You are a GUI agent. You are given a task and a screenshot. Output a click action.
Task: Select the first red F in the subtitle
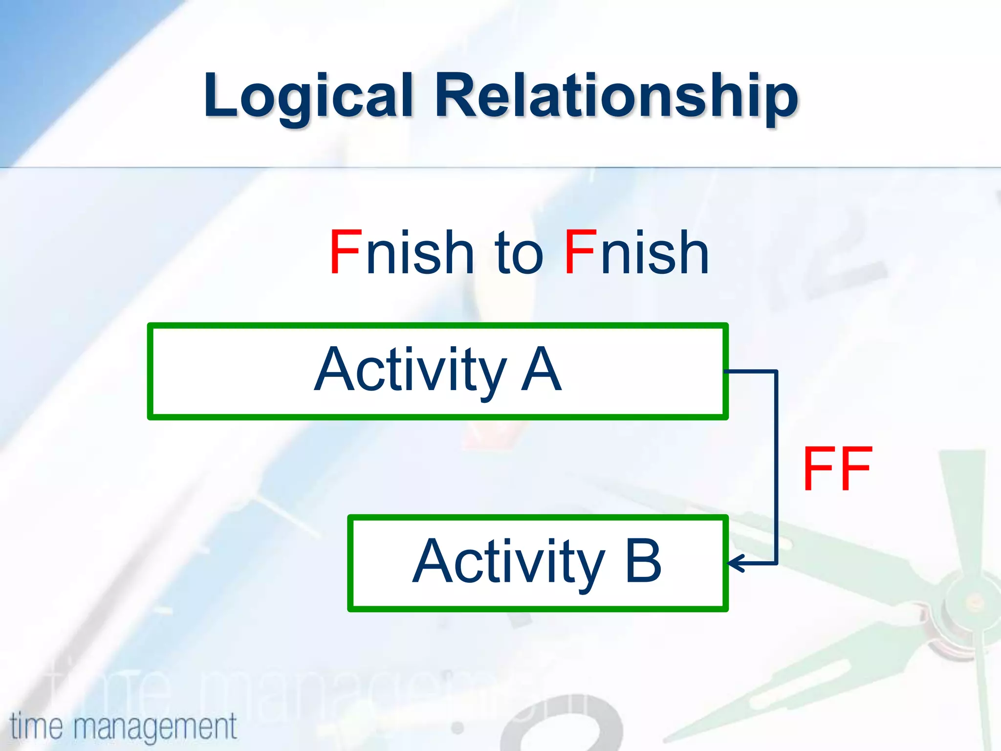pos(345,252)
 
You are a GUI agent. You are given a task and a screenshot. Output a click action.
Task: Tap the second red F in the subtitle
pos(580,252)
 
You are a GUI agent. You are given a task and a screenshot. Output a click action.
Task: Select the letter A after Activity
pos(541,370)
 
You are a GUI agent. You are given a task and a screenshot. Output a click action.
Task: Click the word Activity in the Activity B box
pos(508,562)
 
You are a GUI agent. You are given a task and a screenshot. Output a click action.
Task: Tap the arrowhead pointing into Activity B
pos(734,563)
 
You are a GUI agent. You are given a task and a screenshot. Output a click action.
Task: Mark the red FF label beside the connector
pos(837,469)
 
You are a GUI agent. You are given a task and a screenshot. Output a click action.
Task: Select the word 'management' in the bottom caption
pos(155,727)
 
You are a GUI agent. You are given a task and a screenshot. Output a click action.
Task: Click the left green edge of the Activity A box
pos(151,371)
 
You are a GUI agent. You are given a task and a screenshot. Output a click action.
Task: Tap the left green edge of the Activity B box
pos(350,563)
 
